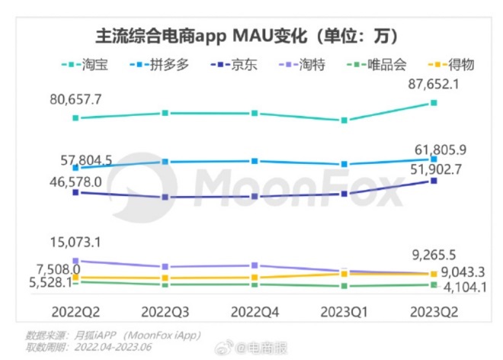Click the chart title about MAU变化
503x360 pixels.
click(x=251, y=36)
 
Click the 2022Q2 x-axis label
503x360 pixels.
click(x=75, y=312)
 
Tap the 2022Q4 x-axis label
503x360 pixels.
click(x=255, y=312)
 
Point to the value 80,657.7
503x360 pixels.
click(x=75, y=99)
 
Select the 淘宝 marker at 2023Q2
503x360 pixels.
click(x=434, y=102)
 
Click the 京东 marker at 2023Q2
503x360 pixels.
click(x=434, y=181)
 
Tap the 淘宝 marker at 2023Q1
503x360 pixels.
click(x=344, y=121)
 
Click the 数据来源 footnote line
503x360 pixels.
click(x=114, y=335)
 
